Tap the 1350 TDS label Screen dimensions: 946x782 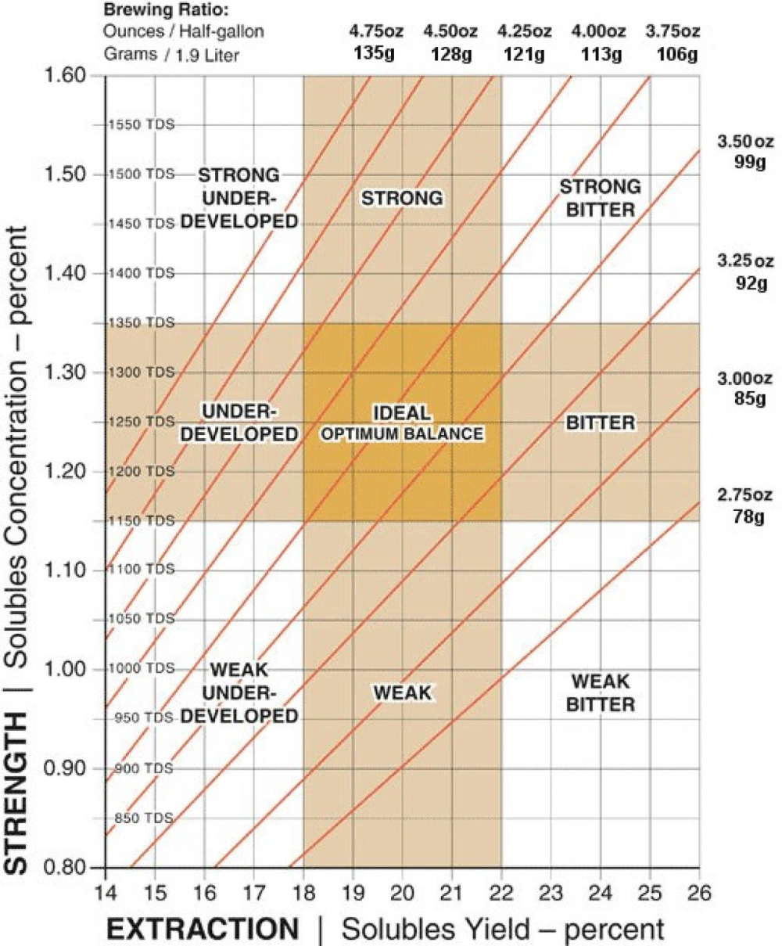click(142, 322)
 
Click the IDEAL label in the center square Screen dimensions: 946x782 click(402, 412)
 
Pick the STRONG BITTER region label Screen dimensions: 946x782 click(600, 198)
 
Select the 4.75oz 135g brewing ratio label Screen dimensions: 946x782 click(373, 44)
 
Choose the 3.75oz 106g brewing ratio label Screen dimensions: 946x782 click(670, 44)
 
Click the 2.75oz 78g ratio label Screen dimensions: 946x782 click(744, 505)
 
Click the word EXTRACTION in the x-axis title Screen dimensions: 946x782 click(203, 929)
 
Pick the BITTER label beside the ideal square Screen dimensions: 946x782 click(600, 423)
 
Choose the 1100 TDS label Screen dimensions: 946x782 click(142, 570)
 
